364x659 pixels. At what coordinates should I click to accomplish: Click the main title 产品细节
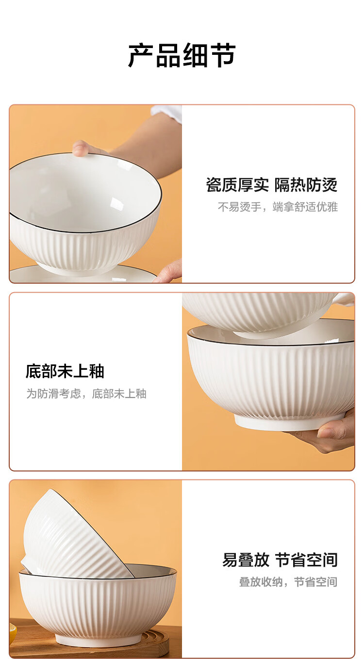[182, 55]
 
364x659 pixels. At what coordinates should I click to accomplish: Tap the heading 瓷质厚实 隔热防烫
[272, 185]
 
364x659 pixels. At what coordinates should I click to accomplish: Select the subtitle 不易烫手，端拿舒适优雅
[278, 207]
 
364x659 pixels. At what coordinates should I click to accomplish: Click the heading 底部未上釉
[65, 371]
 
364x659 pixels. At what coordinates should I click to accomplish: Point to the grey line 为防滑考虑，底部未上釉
[86, 394]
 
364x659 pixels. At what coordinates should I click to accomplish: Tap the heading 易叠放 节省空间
[280, 560]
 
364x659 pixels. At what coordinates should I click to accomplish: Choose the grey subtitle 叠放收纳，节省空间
[288, 582]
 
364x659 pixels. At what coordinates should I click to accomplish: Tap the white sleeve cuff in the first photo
[167, 114]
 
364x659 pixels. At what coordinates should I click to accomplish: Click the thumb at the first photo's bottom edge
[169, 271]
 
